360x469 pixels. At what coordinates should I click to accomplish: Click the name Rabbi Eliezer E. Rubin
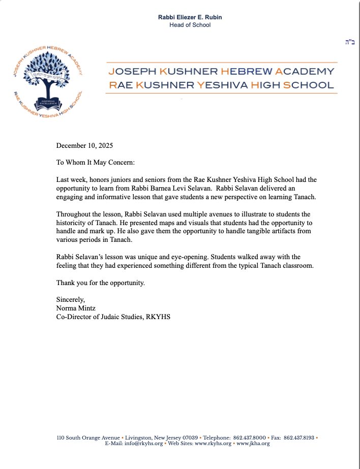pos(190,17)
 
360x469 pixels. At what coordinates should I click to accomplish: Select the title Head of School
pos(190,25)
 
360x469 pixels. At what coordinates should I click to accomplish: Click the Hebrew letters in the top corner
pos(349,42)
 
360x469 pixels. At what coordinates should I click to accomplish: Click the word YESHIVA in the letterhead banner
pos(214,85)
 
